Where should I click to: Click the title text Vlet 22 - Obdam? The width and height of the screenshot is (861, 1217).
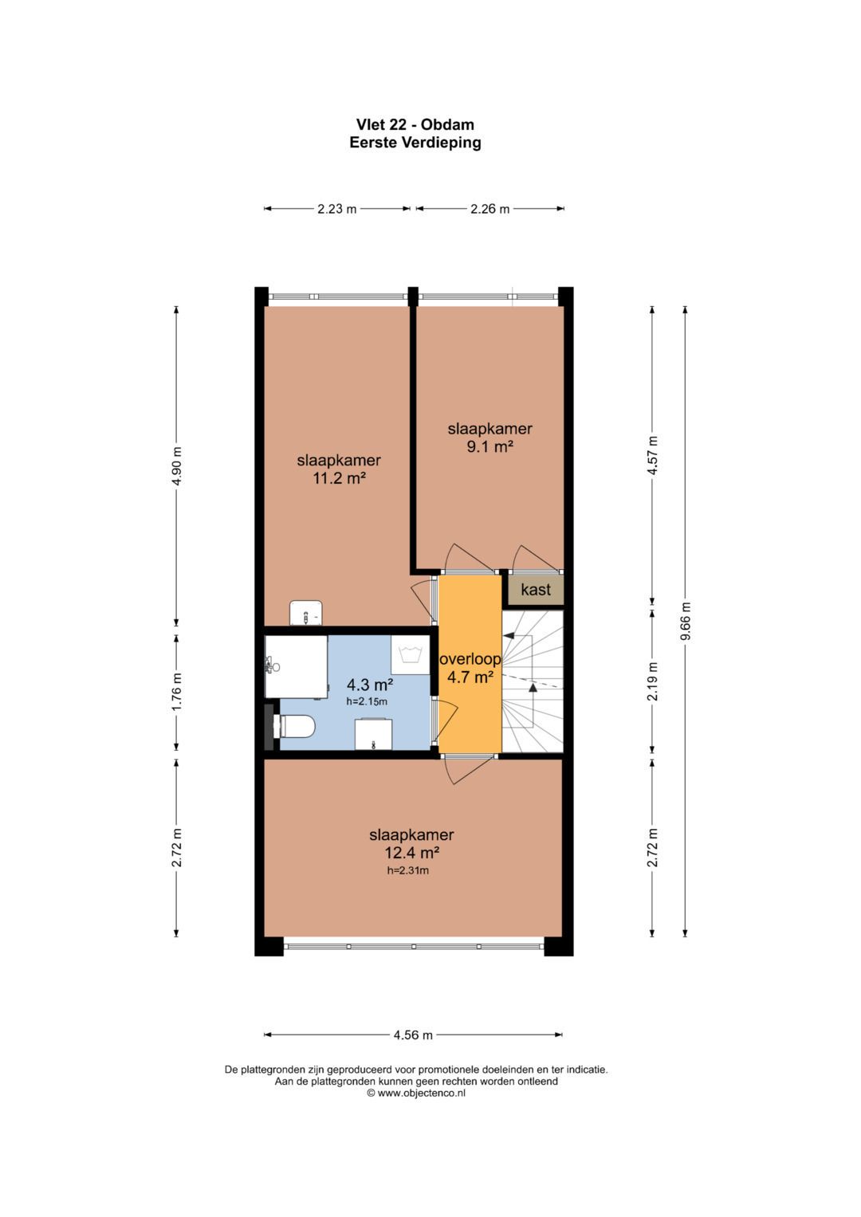pos(415,124)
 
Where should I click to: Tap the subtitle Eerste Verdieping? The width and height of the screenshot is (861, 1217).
pos(415,143)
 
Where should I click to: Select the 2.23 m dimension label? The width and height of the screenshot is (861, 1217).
pos(336,209)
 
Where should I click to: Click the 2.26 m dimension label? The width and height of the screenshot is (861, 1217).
pos(489,209)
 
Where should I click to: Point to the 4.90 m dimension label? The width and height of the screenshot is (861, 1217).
pos(177,465)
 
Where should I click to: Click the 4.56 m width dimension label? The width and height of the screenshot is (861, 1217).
pos(413,1034)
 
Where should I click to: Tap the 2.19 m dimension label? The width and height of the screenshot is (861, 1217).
pos(653,681)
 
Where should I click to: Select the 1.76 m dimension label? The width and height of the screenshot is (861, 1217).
pos(177,692)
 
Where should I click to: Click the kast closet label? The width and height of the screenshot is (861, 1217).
pos(535,590)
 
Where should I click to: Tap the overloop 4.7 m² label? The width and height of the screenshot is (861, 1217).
pos(470,668)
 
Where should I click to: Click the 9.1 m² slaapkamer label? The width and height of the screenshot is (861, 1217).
pos(489,438)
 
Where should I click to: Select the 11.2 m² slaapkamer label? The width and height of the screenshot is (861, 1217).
pos(339,469)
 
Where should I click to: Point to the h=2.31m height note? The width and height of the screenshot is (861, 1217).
pos(408,870)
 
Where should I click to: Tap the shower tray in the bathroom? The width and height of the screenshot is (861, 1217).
pos(297,666)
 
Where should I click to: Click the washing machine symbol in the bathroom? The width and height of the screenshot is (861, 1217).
pos(411,656)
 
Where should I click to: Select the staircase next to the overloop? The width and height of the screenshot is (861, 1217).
pos(533,681)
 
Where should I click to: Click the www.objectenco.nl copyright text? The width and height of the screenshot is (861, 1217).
pos(416,1093)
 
